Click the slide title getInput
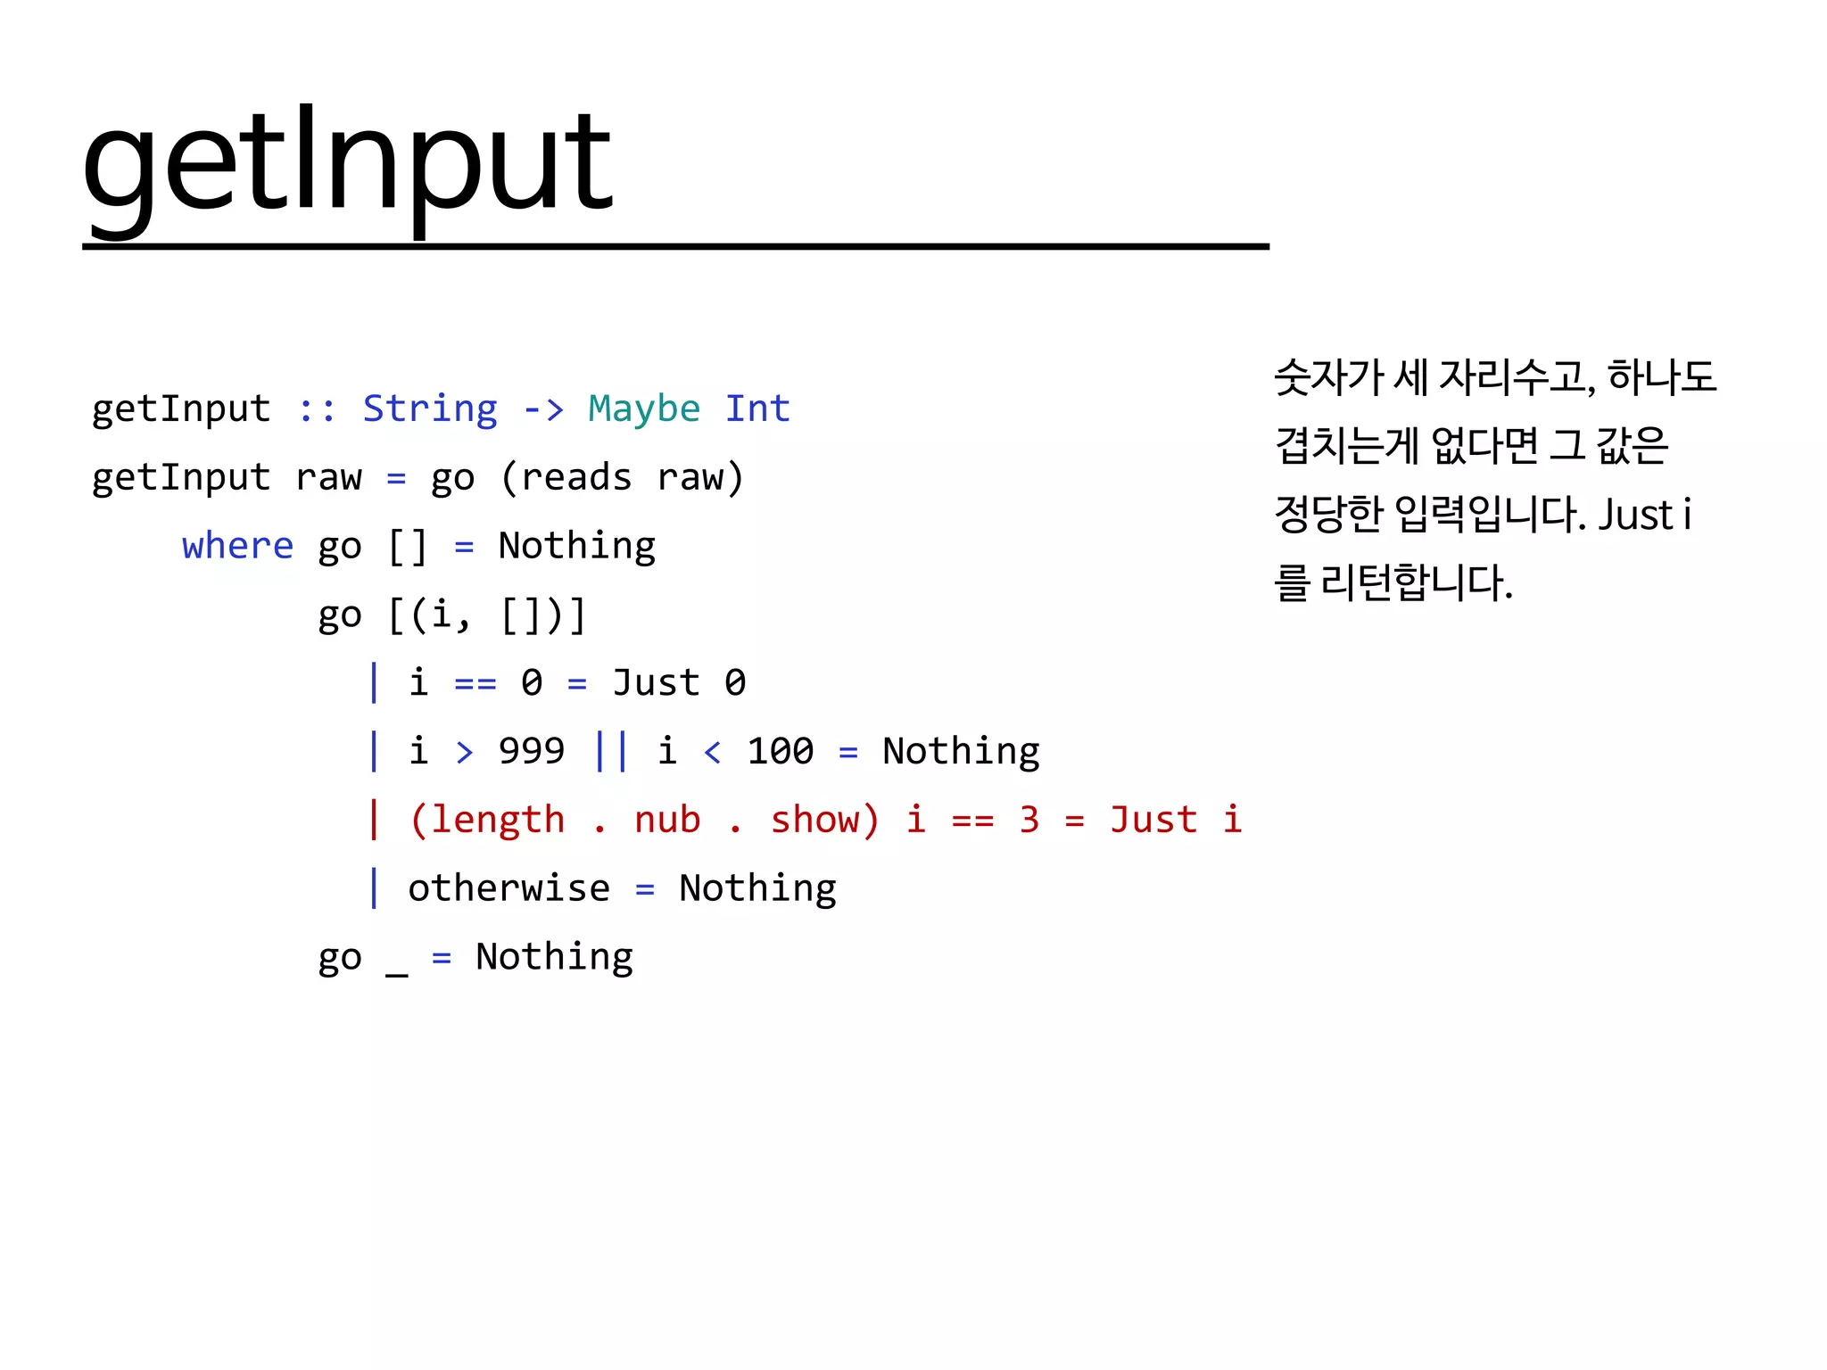347,165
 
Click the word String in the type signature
430,409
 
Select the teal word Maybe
644,409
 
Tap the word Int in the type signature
757,409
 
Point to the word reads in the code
576,478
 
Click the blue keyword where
237,546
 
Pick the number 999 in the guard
532,751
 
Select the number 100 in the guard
781,751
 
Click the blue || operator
611,751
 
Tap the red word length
498,820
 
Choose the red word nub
667,820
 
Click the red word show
814,820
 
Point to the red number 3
1029,820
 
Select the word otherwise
509,888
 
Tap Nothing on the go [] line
577,546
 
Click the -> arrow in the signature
543,409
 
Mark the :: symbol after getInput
318,409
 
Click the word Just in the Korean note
1635,516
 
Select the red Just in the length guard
1153,820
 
